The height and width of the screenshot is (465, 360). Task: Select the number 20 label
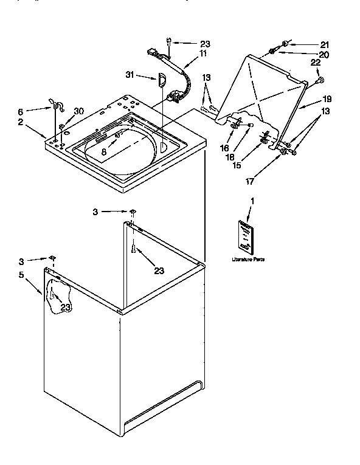pos(324,55)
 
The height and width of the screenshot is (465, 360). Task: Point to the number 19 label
pos(327,99)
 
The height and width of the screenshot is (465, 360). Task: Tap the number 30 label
pos(78,111)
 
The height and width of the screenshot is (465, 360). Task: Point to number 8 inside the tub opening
pos(105,153)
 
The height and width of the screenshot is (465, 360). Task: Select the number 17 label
pos(250,181)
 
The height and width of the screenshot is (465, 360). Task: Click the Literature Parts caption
pos(248,260)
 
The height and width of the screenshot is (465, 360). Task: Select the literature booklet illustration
pos(245,236)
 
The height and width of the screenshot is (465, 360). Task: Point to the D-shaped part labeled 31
pos(162,80)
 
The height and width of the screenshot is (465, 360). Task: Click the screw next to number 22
pos(320,79)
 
